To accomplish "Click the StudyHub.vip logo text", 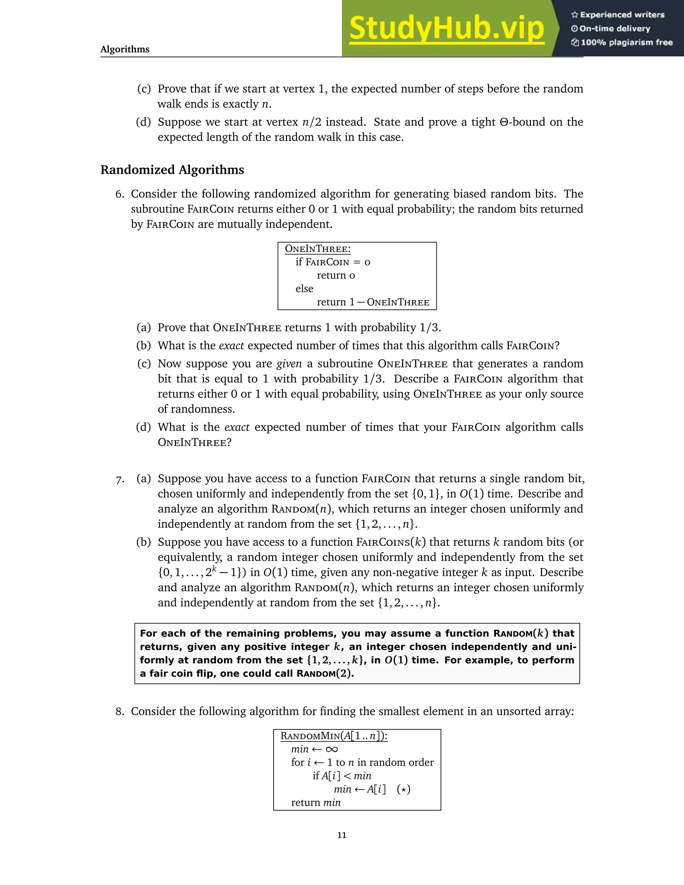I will coord(446,29).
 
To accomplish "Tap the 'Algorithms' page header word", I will coord(125,49).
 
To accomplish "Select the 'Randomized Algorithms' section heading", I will coord(172,170).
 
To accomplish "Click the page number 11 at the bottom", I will coord(342,835).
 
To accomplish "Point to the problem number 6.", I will coord(120,194).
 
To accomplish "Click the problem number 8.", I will coord(120,712).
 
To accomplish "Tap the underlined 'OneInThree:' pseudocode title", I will coord(318,249).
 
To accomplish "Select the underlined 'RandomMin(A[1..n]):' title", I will coord(334,736).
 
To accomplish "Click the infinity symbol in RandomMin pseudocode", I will coord(331,749).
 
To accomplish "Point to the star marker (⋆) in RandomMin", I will coord(403,789).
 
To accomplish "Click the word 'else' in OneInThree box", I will coord(304,289).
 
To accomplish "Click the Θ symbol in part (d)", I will coord(504,122).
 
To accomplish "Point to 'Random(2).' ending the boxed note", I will coord(325,674).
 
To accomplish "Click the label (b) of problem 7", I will coord(143,542).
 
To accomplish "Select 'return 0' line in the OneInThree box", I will coord(336,276).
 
